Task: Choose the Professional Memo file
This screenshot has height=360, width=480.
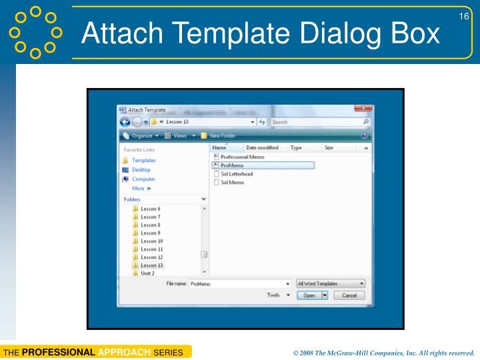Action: (x=242, y=157)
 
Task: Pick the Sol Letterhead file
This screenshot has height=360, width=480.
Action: (x=237, y=174)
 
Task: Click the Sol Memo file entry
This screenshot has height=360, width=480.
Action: (x=232, y=182)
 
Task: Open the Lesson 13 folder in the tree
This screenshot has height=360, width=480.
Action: (x=151, y=265)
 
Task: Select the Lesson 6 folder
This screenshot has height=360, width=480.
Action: (x=150, y=209)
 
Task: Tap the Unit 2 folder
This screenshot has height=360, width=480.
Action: (x=147, y=273)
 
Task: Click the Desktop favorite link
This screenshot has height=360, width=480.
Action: (x=141, y=170)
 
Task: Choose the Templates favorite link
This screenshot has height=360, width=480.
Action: (x=143, y=161)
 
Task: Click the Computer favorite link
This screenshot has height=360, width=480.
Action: (x=143, y=179)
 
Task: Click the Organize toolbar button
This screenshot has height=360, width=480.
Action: (x=140, y=135)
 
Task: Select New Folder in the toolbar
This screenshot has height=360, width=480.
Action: (x=223, y=135)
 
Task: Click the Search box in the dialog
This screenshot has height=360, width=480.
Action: (x=317, y=122)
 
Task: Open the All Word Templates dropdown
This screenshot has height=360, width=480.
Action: (x=331, y=283)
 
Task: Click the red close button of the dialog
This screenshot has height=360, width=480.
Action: (x=363, y=109)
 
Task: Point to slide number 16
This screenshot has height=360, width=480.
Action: (x=464, y=16)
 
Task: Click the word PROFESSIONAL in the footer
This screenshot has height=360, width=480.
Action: (x=58, y=352)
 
